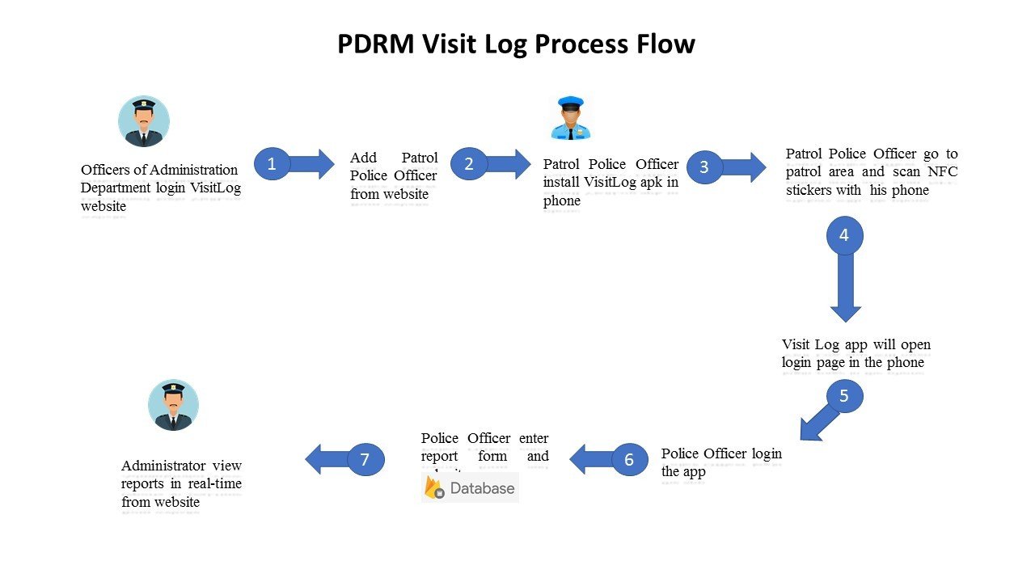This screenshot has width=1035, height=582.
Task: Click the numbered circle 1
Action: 272,163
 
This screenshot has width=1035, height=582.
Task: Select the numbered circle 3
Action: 704,167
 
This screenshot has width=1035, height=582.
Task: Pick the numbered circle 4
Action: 844,236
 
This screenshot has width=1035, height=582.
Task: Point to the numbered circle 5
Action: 844,396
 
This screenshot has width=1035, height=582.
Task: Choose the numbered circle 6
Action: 629,460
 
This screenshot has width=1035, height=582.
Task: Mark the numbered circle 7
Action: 365,459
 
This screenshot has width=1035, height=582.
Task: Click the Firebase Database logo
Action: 470,487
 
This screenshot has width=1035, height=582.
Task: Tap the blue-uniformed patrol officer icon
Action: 571,118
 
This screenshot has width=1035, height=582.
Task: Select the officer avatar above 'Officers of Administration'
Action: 144,121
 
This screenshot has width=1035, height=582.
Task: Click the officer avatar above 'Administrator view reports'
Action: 173,405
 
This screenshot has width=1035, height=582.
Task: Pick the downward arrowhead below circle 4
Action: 845,313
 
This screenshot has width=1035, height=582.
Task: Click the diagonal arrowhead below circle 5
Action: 809,430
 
